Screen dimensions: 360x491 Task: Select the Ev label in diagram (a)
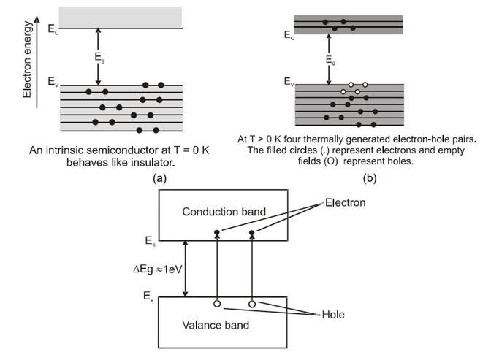[51, 83]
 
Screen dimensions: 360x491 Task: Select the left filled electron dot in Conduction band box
[217, 234]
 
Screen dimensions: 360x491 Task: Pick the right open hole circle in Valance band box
[252, 303]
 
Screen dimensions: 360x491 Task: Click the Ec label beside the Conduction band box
[151, 240]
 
